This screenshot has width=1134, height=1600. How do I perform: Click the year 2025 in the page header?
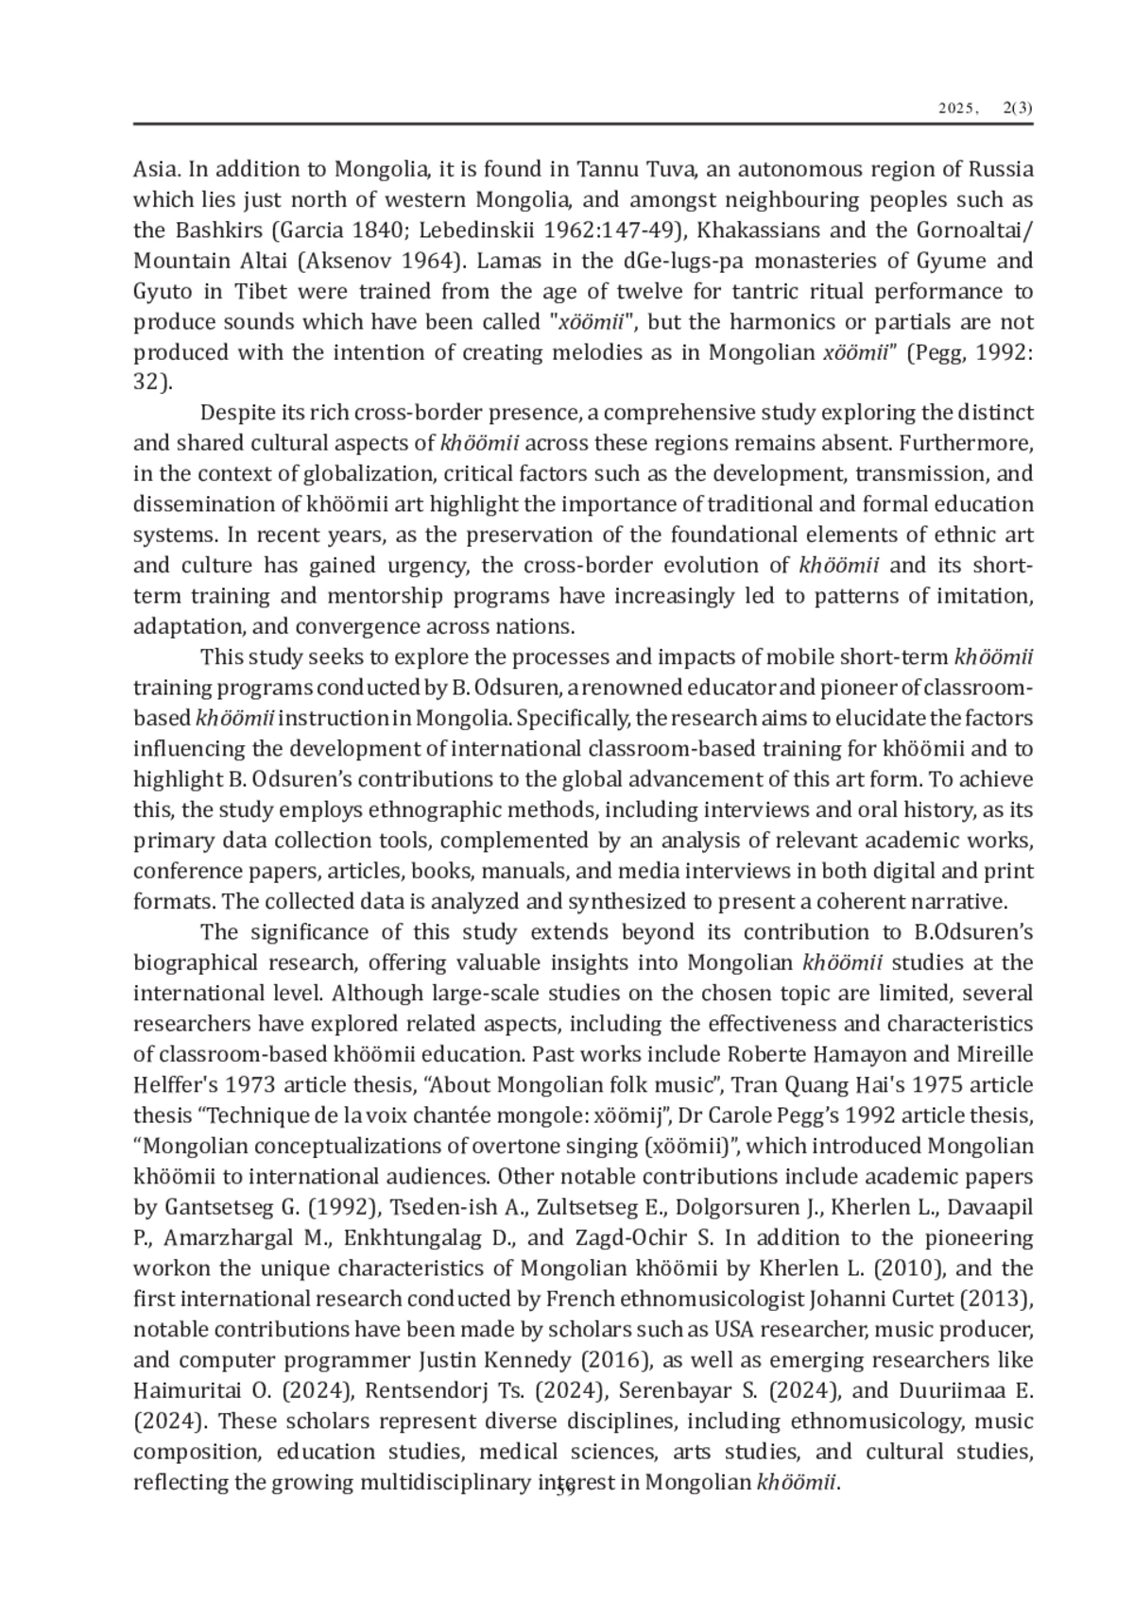[957, 110]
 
